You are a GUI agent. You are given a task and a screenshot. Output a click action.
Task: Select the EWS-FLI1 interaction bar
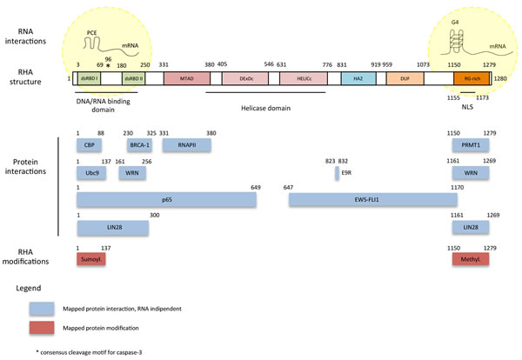[x=372, y=200]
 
